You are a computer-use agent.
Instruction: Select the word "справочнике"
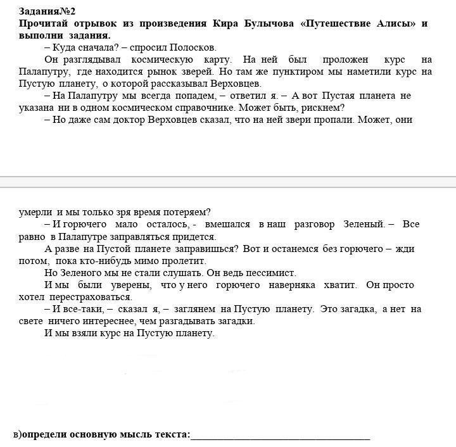(x=204, y=108)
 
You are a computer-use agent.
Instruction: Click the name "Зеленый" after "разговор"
(x=363, y=225)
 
